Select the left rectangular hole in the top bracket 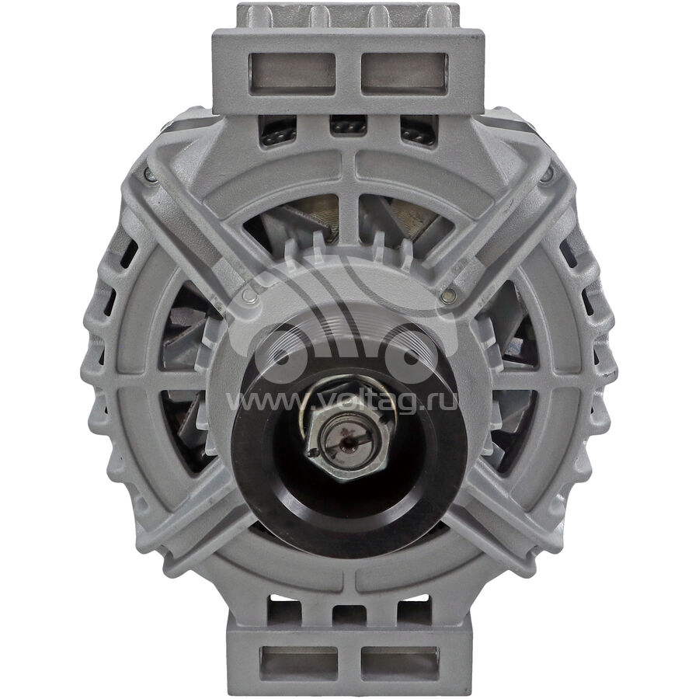pyautogui.click(x=292, y=74)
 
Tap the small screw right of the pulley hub pyautogui.click(x=449, y=294)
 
